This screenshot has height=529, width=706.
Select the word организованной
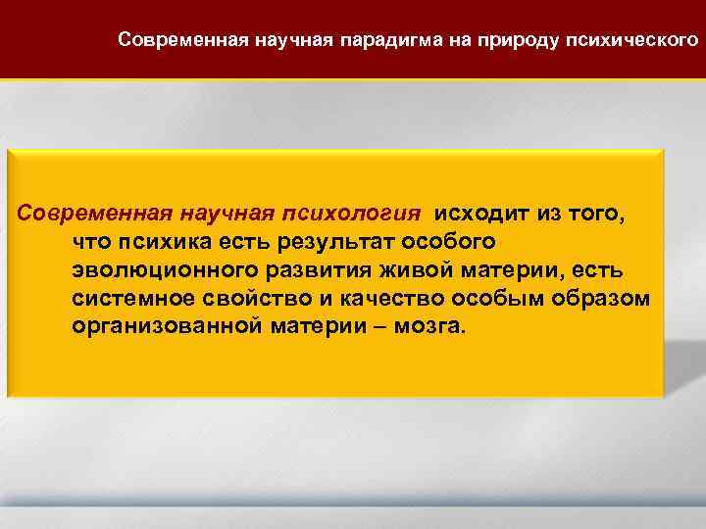163,326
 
